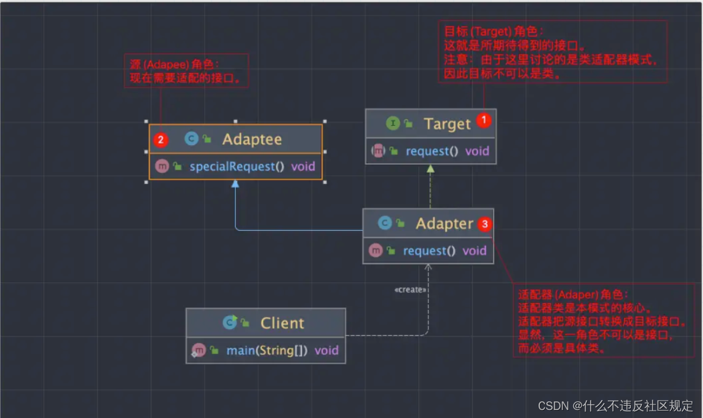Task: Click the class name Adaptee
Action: [251, 140]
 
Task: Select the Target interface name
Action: [447, 124]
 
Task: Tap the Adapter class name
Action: [444, 224]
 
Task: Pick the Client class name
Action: [282, 323]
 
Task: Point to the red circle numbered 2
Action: [161, 140]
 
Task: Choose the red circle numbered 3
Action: [485, 224]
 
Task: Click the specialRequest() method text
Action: [237, 166]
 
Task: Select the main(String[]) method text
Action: [267, 350]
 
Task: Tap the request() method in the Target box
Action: [432, 151]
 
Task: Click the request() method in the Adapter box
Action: [429, 251]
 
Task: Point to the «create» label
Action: [410, 290]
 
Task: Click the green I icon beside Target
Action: [393, 123]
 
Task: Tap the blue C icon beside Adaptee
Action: [192, 140]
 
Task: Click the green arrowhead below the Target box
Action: [431, 169]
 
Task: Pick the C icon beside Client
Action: [230, 322]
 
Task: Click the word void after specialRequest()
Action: [303, 166]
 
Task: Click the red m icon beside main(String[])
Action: [198, 350]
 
